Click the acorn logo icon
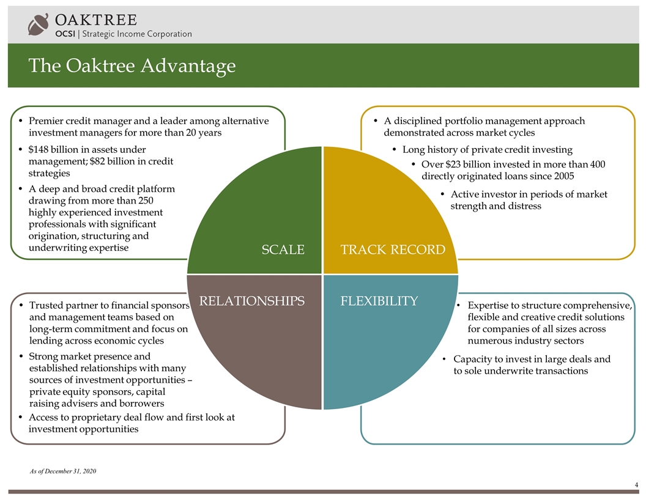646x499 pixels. pyautogui.click(x=39, y=24)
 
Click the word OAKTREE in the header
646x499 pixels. pyautogui.click(x=96, y=20)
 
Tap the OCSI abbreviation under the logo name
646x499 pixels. pyautogui.click(x=65, y=34)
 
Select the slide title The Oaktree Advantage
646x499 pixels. pyautogui.click(x=132, y=65)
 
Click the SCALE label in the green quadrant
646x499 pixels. pyautogui.click(x=283, y=250)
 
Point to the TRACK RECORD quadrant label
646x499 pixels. pyautogui.click(x=393, y=250)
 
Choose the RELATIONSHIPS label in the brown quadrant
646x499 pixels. pyautogui.click(x=252, y=301)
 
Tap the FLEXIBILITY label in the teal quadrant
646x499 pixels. pyautogui.click(x=379, y=301)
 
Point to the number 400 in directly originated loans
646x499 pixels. pyautogui.click(x=598, y=164)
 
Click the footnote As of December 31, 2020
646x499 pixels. pyautogui.click(x=63, y=471)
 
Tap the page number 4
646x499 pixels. pyautogui.click(x=637, y=485)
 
